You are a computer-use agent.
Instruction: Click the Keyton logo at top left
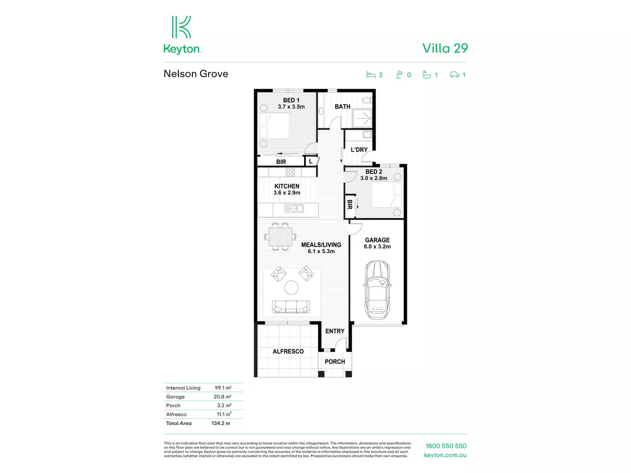(182, 35)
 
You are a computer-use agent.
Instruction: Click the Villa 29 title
(445, 48)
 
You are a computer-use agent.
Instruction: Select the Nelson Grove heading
(196, 74)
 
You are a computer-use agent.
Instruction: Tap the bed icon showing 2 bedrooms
(371, 75)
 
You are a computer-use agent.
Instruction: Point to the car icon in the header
(454, 75)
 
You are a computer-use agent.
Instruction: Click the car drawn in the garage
(377, 290)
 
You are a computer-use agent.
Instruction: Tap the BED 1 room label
(291, 100)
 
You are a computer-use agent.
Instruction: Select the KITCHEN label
(287, 186)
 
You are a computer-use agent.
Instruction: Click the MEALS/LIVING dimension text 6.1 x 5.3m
(321, 251)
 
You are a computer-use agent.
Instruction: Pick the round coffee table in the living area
(291, 288)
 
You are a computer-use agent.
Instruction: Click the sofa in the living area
(291, 307)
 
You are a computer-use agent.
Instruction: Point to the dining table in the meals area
(280, 237)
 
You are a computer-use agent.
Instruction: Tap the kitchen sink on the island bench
(294, 208)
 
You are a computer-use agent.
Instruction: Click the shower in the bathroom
(362, 117)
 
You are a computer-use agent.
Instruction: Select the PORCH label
(335, 362)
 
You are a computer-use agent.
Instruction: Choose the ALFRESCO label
(288, 351)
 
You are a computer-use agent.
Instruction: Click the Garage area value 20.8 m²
(222, 397)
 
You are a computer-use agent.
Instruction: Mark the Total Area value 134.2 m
(220, 424)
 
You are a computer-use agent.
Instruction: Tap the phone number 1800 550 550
(446, 446)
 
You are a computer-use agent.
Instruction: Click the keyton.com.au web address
(445, 455)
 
